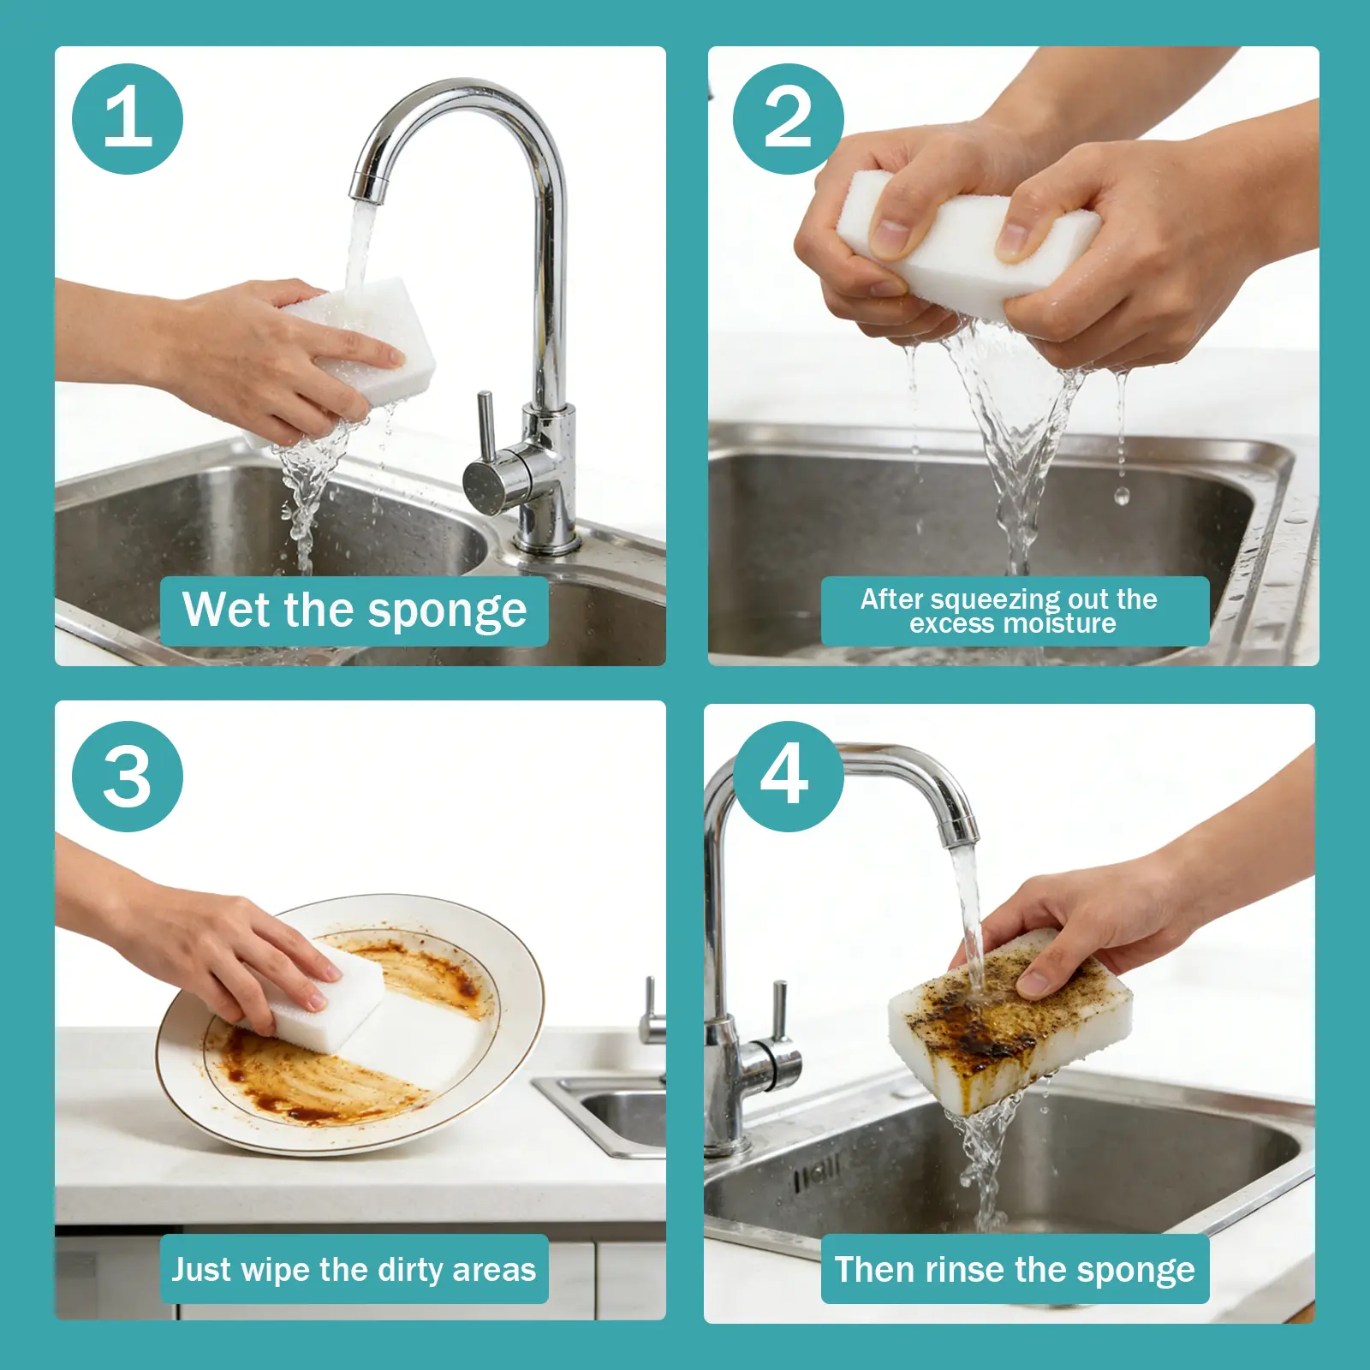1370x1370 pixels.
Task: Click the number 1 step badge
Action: click(x=128, y=119)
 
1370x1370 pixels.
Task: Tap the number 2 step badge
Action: click(x=789, y=119)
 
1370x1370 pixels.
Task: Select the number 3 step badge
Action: click(x=128, y=776)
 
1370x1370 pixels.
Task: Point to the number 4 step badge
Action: click(x=789, y=776)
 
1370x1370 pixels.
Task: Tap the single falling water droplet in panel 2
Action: click(x=1122, y=494)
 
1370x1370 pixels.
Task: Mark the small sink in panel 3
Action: click(x=604, y=1113)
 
